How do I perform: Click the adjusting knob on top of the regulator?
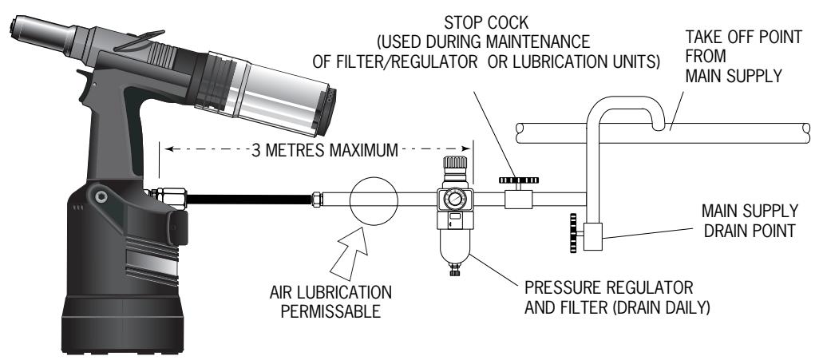point(453,170)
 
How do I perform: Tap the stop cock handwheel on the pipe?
point(516,181)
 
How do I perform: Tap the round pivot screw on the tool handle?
point(100,195)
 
